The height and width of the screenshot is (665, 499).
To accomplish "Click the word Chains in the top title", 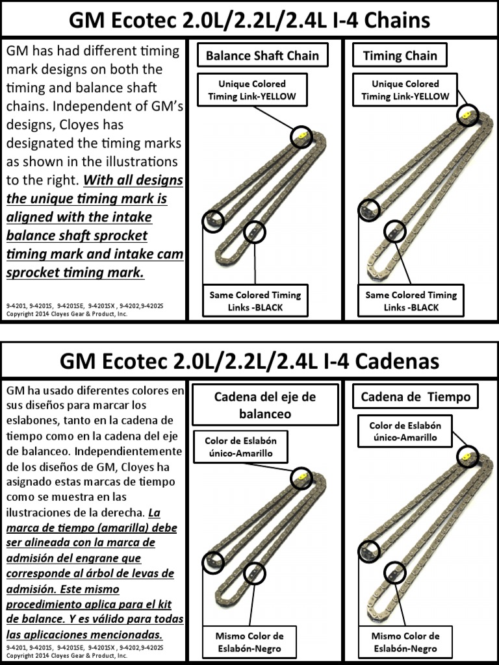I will (x=388, y=20).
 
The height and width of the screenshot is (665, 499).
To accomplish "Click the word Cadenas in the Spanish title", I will (x=395, y=360).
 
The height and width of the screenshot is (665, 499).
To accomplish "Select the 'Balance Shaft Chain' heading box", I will (x=262, y=56).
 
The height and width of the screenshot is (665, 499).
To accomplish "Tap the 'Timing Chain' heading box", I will (x=400, y=56).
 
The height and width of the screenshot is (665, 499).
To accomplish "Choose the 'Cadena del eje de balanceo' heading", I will (x=264, y=405).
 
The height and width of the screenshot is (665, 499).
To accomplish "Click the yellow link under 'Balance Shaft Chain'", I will (x=301, y=136).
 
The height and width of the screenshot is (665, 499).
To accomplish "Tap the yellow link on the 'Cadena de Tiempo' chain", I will (x=467, y=456).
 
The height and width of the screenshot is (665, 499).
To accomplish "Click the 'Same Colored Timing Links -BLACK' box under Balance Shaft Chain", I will (x=255, y=301).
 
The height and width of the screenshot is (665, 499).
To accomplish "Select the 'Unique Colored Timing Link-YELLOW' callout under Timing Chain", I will (x=405, y=90).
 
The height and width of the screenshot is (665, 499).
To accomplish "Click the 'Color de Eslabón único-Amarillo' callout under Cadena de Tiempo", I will (x=405, y=431).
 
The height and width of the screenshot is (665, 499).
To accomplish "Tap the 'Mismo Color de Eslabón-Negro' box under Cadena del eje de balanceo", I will (x=249, y=642).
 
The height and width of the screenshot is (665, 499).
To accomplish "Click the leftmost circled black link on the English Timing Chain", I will (x=369, y=210).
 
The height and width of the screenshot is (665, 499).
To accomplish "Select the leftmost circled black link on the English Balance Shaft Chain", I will (x=212, y=221).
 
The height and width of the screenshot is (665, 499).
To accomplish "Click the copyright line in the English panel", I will (x=66, y=314).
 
